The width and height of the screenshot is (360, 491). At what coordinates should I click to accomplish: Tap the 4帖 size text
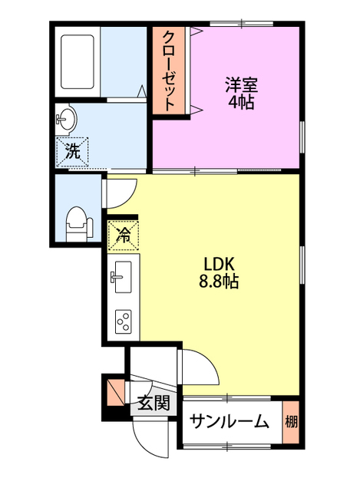pos(243,102)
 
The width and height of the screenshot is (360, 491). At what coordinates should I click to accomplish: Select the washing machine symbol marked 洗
pos(72,151)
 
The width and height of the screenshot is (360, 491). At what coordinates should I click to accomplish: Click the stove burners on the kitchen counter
pos(123,320)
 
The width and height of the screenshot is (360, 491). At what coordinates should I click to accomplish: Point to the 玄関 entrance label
pos(154,403)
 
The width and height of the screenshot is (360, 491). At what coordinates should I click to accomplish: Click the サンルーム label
pos(229,421)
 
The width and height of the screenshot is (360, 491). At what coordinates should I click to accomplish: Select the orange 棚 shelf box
pos(291,421)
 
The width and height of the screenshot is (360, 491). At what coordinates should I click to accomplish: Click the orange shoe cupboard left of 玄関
pos(114,391)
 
